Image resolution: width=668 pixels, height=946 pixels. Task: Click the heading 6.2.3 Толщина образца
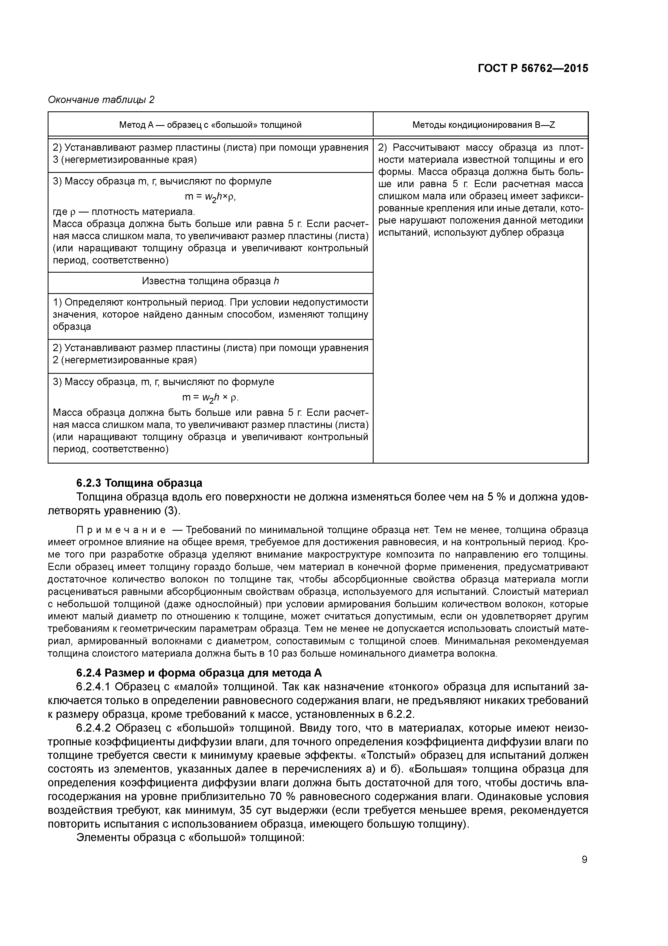[139, 483]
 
